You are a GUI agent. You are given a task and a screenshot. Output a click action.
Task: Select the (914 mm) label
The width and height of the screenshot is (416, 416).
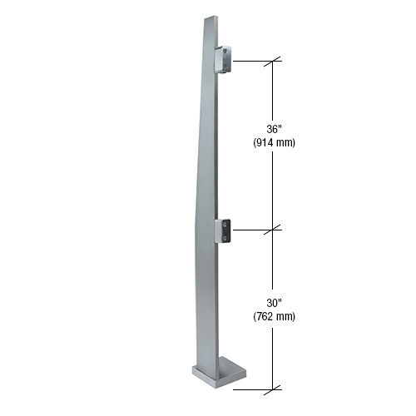pyautogui.click(x=274, y=142)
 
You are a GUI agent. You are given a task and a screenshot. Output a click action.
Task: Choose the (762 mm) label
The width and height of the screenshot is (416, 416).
pyautogui.click(x=274, y=316)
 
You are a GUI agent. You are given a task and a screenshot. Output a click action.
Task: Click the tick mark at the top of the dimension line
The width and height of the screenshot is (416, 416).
pyautogui.click(x=274, y=61)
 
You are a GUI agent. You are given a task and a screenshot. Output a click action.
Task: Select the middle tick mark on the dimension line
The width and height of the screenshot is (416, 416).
pyautogui.click(x=274, y=228)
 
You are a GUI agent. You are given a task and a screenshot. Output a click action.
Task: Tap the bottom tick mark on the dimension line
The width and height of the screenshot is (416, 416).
pyautogui.click(x=274, y=388)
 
